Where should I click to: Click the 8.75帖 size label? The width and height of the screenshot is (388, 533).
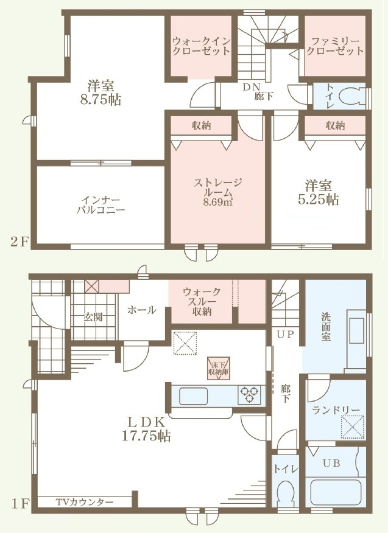point(101,100)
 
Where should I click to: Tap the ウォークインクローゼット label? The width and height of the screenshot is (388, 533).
point(201,46)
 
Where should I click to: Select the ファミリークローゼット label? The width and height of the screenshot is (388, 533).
point(335,46)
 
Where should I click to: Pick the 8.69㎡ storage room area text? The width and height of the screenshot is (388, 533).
point(218,203)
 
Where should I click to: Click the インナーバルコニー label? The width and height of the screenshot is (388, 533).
point(101,204)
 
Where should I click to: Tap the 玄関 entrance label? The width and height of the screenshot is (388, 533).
point(93,318)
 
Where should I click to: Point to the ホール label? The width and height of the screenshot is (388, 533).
point(142,310)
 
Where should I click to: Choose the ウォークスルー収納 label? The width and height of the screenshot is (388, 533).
point(202,302)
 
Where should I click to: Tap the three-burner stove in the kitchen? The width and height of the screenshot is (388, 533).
point(250,394)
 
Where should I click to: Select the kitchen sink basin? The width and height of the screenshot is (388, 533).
point(193,395)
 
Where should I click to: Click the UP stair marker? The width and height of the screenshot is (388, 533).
point(285,334)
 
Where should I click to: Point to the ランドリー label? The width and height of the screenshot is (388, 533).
point(336,410)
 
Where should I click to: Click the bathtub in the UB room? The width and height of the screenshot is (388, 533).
point(335,493)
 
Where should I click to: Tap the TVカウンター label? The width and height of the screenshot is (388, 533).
point(85,502)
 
